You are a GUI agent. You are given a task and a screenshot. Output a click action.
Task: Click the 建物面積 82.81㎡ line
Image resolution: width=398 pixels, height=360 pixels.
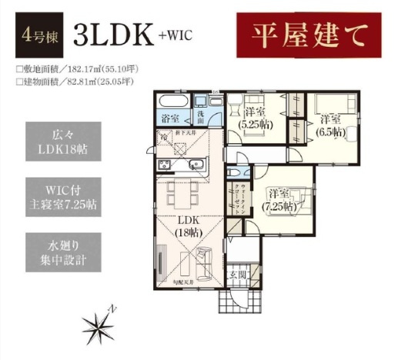74,81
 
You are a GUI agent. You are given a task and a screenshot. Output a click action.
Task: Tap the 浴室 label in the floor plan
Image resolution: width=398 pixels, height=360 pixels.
170,118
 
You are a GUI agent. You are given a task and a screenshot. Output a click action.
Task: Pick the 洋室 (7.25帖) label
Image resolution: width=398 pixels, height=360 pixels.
278,199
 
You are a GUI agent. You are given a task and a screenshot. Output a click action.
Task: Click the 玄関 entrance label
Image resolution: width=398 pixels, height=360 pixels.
236,274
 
